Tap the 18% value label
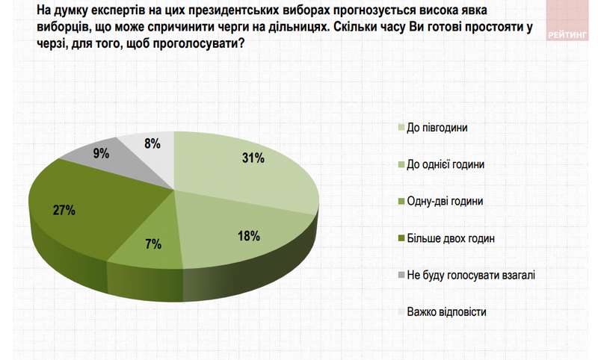248,236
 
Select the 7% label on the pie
154,244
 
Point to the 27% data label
64,210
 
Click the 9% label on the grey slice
100,154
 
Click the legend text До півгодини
437,128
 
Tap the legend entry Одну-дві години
445,201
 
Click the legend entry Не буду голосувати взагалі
471,274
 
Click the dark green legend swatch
401,238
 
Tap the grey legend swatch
401,275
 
